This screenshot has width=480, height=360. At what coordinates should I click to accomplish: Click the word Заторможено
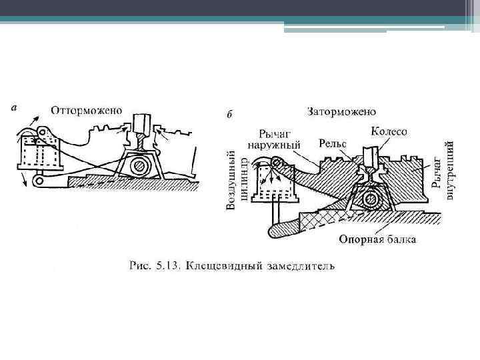pyautogui.click(x=341, y=111)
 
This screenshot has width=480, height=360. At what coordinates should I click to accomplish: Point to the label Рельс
pyautogui.click(x=332, y=143)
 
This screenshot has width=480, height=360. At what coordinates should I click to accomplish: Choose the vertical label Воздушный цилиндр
pyautogui.click(x=237, y=179)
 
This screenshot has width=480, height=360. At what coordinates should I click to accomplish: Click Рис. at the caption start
pyautogui.click(x=139, y=267)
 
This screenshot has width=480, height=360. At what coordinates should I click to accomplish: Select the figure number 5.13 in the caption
pyautogui.click(x=169, y=267)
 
